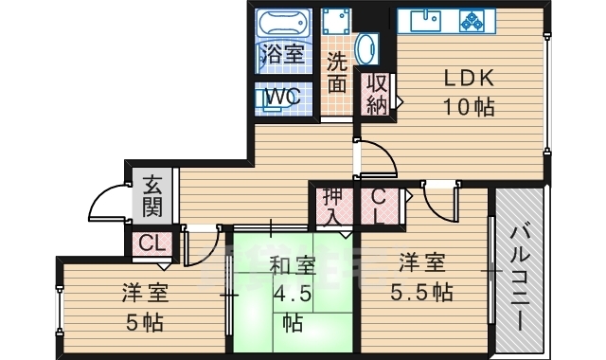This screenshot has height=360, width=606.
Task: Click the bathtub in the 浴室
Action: coord(283,23)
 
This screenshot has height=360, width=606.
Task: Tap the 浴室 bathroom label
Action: coord(283,55)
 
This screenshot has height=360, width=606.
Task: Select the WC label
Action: coord(282,97)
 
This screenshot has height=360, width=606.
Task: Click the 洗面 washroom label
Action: coord(336,73)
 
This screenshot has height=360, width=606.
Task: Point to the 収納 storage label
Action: coord(376,93)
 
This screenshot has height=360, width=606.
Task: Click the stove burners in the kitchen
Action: coord(472,19)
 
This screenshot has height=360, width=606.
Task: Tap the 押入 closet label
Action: coord(333,207)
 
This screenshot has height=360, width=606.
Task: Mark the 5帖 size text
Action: coord(143,320)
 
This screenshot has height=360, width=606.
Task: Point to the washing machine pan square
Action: coord(335,22)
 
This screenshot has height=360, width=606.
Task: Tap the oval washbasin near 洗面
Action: coord(365,49)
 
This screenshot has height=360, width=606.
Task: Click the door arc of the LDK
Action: coord(376,156)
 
